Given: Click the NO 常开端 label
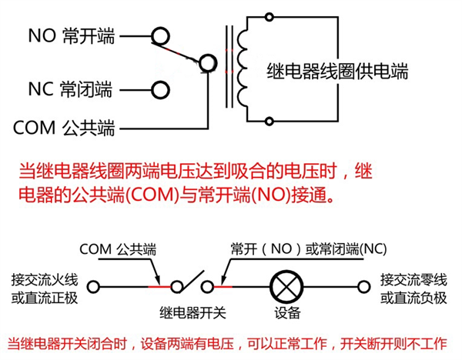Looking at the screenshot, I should [71, 35].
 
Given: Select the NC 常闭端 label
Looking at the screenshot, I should [71, 90].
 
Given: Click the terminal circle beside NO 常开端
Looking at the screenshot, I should [160, 35].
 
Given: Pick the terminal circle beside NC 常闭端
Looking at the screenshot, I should [160, 90].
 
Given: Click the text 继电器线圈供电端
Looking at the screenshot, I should [336, 72].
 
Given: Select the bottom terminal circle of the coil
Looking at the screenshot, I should [269, 121].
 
